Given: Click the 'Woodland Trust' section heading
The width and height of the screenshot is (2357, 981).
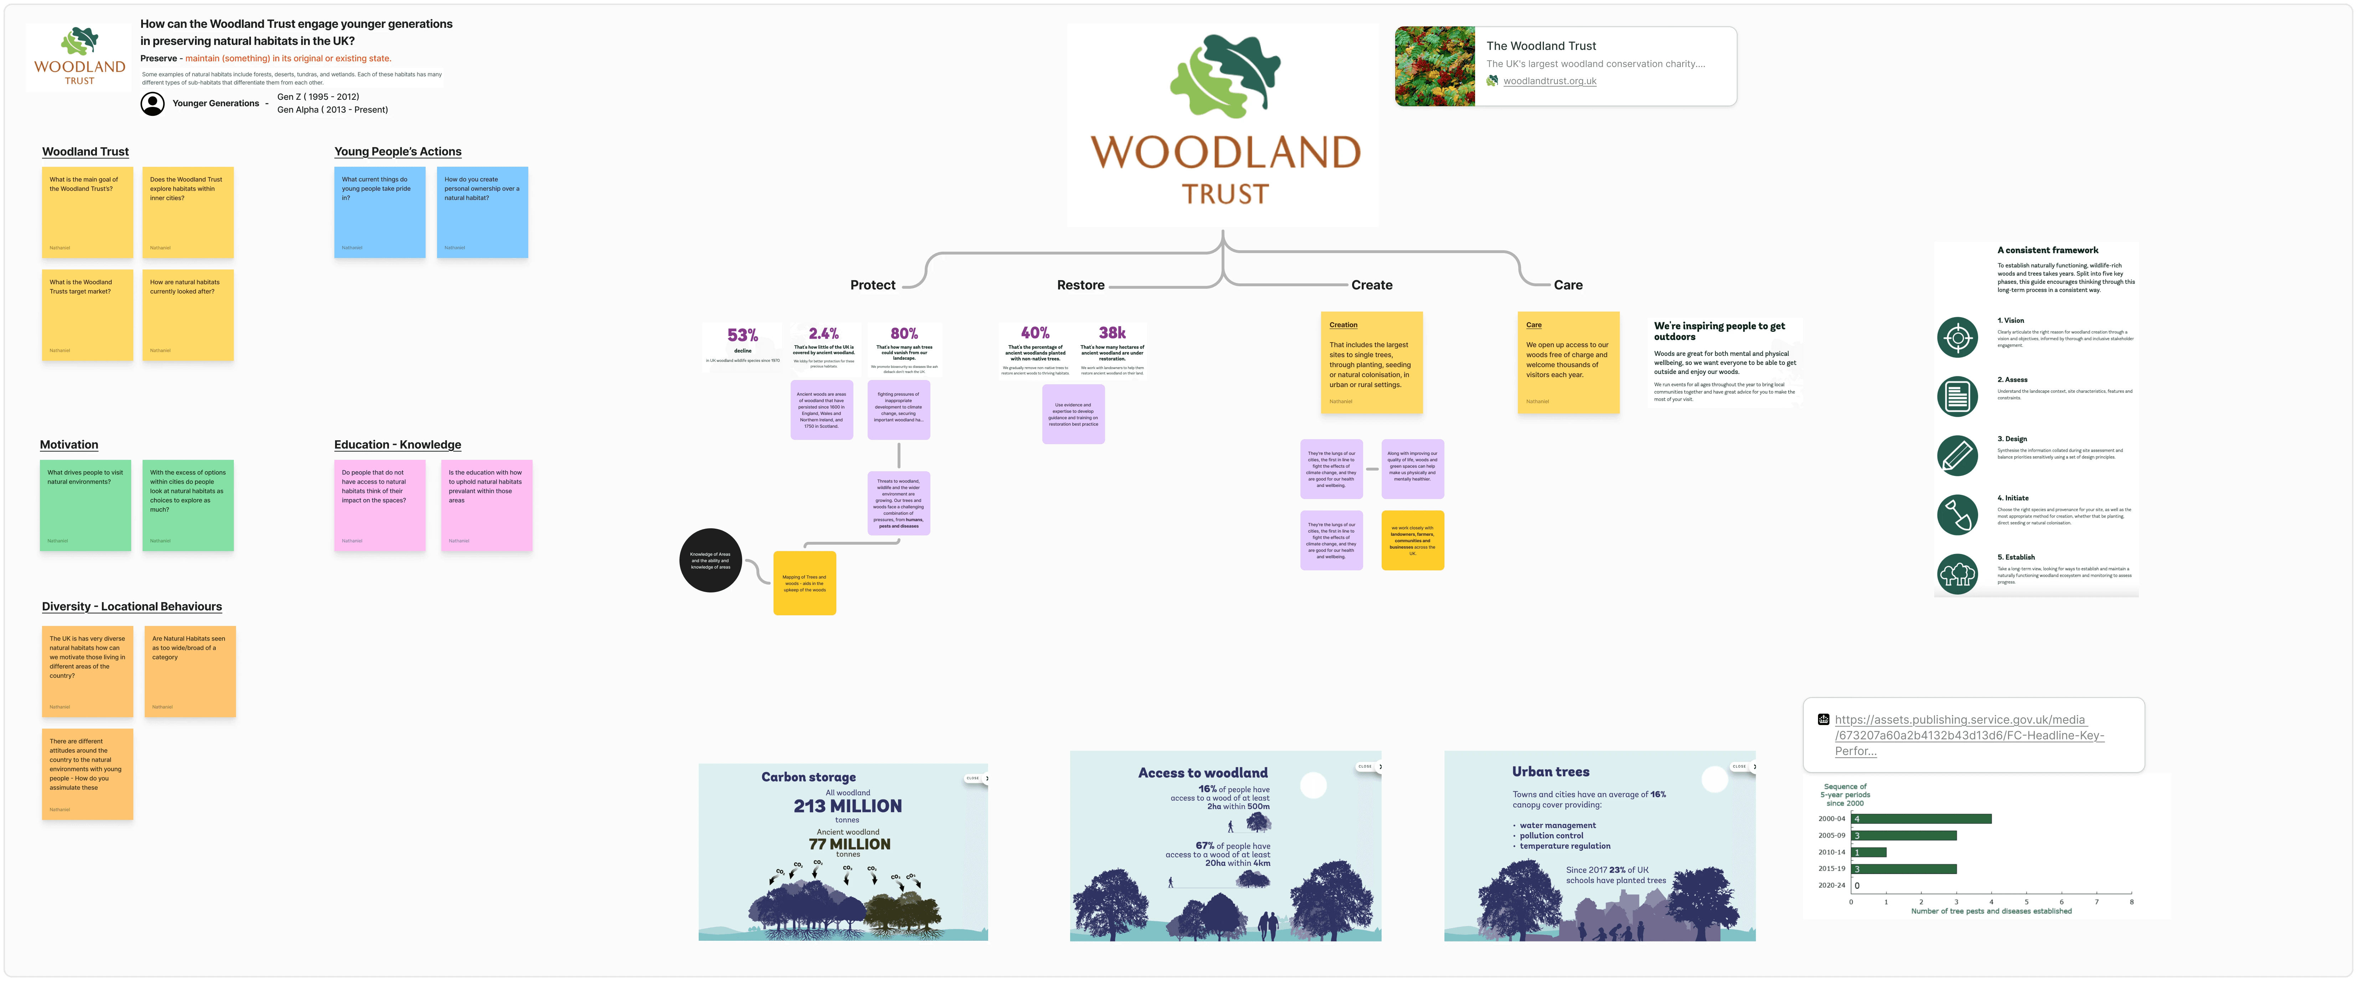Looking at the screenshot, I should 85,152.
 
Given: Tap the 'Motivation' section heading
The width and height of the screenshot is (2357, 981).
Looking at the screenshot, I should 69,445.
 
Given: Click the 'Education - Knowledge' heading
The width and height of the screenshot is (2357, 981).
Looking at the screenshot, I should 397,445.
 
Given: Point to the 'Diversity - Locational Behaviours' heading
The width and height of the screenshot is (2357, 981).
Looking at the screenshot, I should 132,607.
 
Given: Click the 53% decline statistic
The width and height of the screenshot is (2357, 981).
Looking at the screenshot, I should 742,336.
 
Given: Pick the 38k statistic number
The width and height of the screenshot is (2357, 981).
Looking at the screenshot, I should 1112,333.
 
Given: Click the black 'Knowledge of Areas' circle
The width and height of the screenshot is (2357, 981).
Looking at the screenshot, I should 710,560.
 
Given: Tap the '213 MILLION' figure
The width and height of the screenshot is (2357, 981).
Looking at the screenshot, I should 847,806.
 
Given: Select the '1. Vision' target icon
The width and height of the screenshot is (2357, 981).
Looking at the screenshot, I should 1957,338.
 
